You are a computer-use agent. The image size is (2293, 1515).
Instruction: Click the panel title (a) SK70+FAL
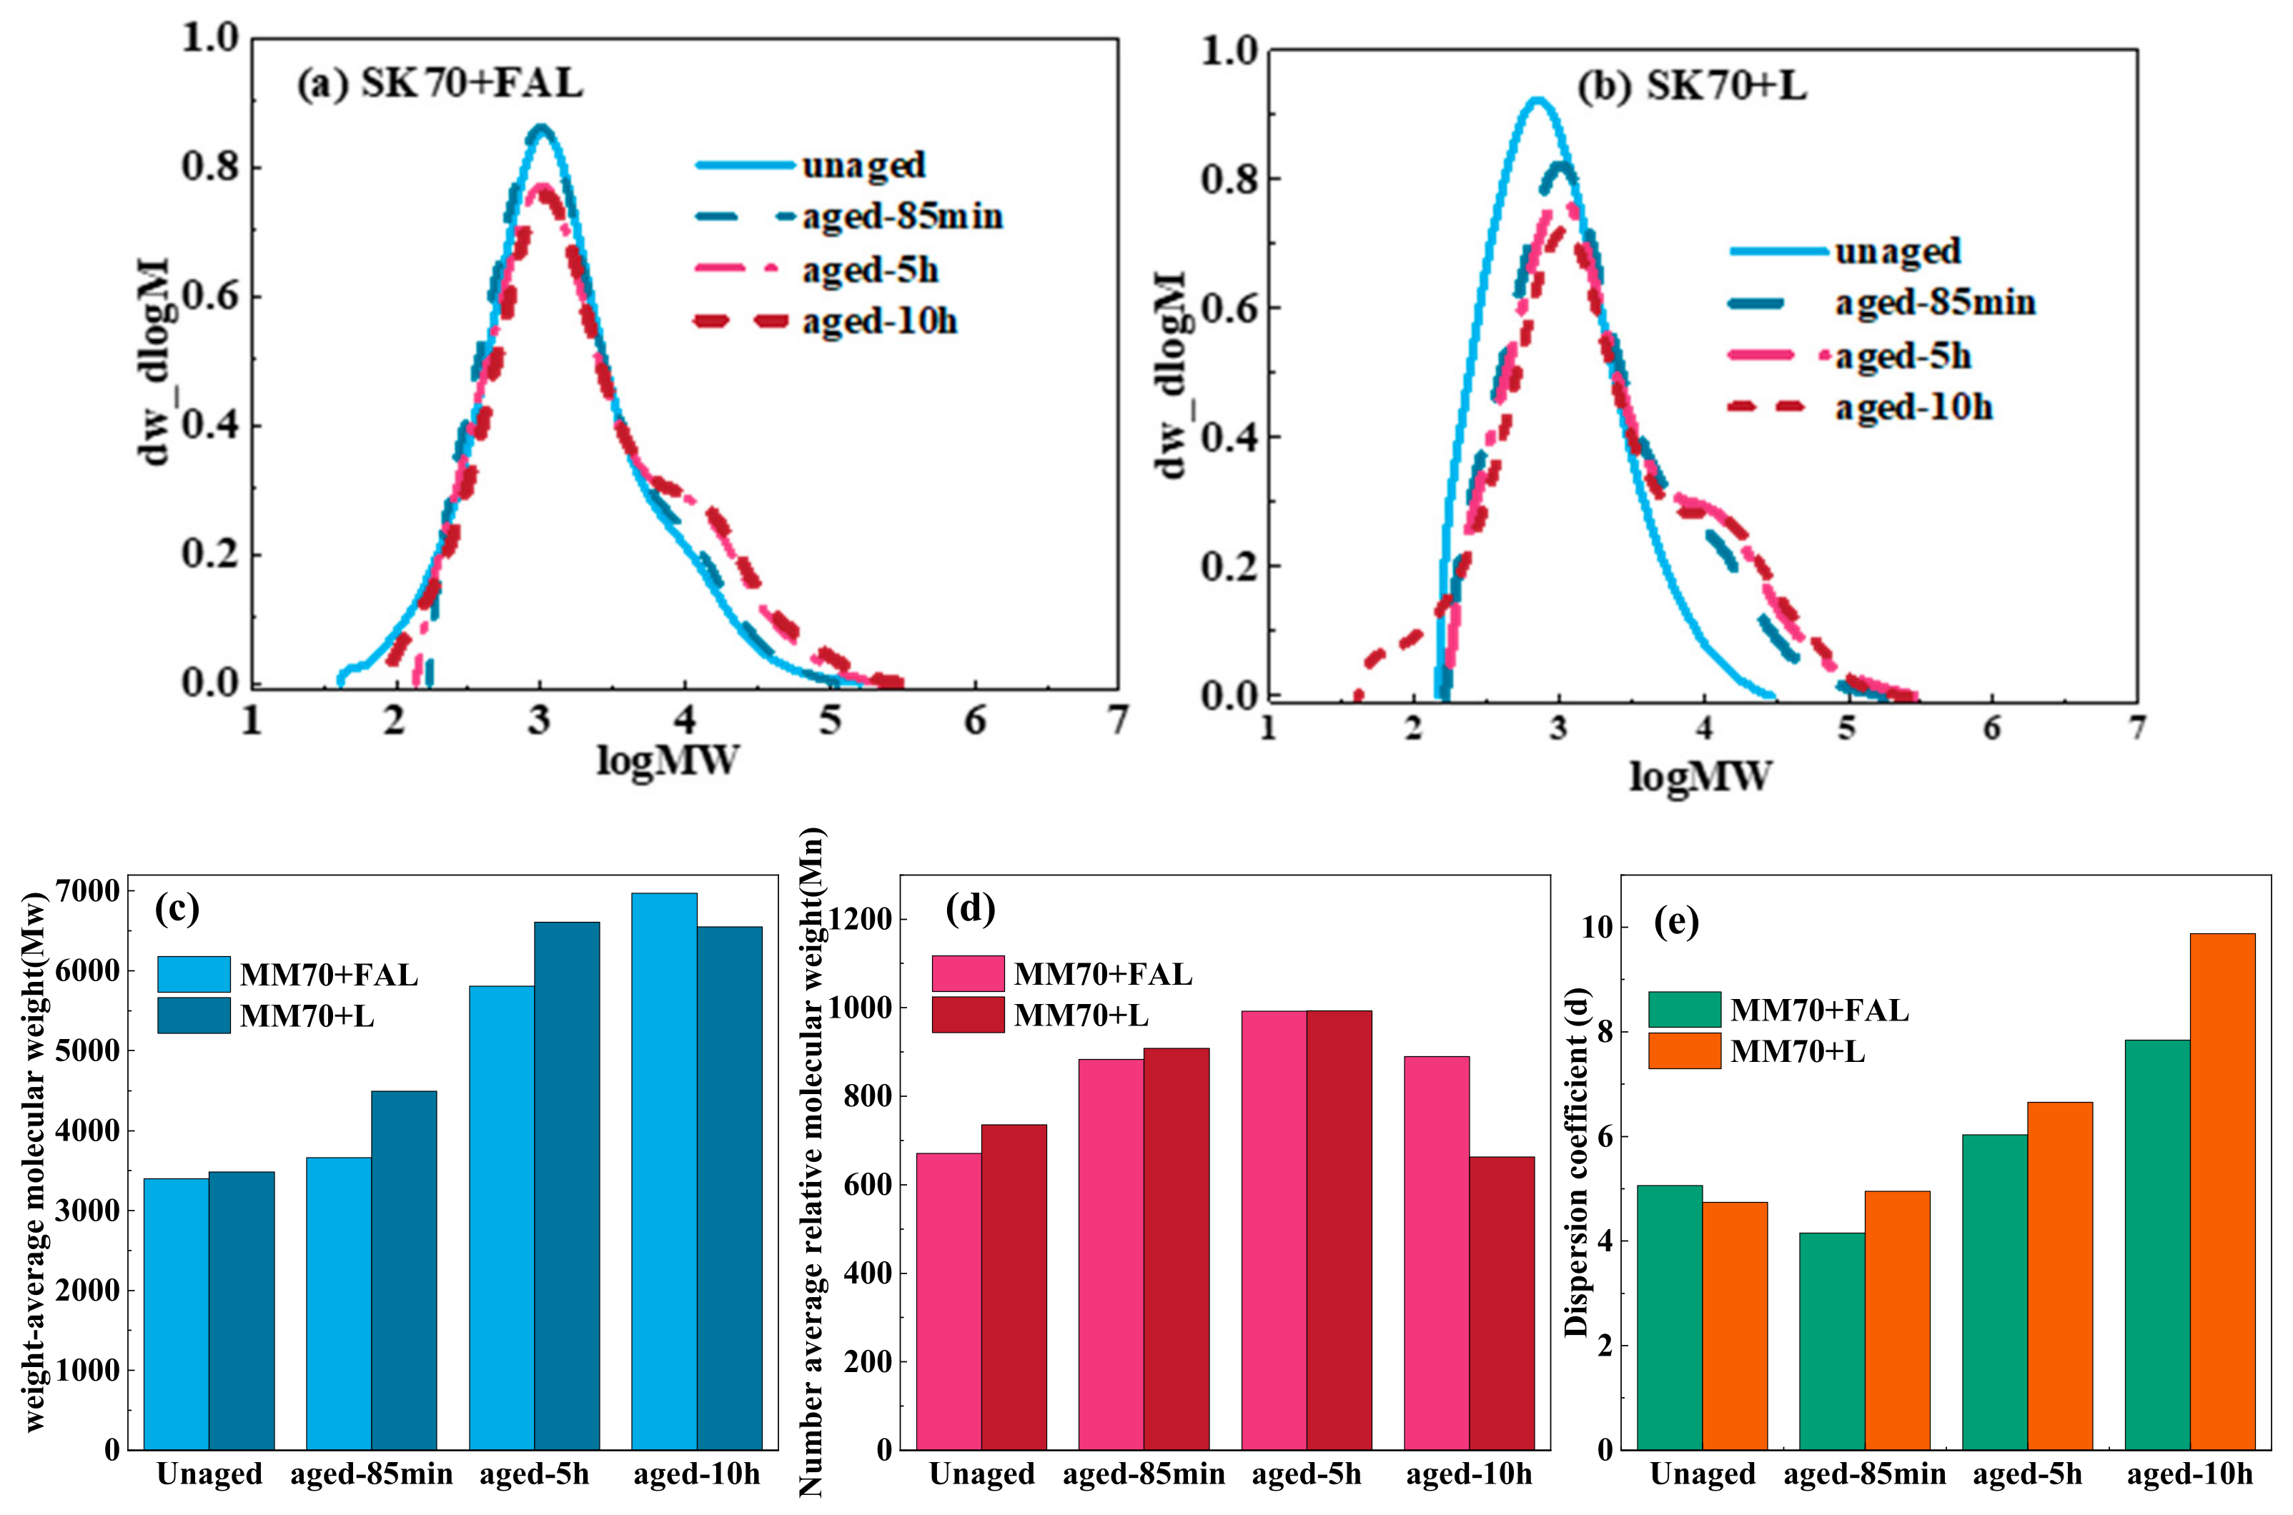[440, 84]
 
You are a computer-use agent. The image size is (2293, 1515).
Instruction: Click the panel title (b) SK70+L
[1691, 87]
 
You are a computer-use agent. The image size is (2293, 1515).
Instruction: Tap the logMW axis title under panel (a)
[667, 761]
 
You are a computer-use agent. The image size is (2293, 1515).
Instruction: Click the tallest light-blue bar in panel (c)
[664, 1169]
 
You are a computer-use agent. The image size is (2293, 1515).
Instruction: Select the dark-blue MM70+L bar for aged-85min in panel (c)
[404, 1270]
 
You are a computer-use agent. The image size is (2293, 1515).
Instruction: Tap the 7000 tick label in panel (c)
[88, 891]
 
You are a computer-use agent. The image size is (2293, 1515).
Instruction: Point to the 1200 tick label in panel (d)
[859, 919]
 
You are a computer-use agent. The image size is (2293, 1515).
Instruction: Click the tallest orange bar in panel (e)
[2222, 1191]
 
